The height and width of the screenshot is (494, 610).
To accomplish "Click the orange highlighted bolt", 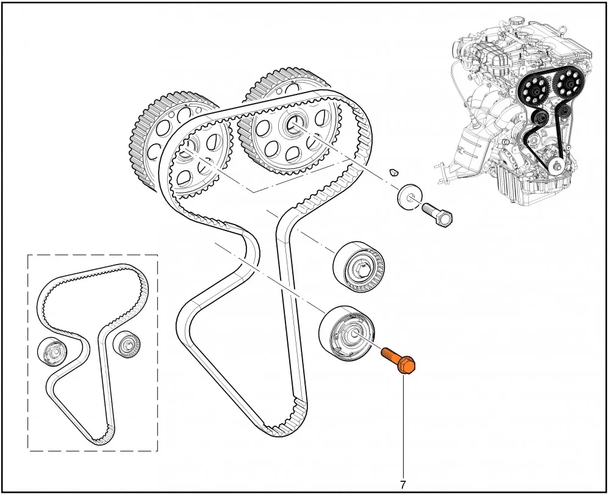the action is [x=399, y=360].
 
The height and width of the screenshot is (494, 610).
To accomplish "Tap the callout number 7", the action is [x=403, y=485].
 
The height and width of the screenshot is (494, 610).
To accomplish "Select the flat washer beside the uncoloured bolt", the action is [x=410, y=196].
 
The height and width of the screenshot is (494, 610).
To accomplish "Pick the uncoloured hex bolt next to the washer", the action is [x=437, y=215].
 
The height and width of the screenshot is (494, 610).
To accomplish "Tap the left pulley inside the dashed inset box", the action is [x=52, y=352].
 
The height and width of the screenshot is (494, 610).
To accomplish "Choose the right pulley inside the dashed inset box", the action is [x=127, y=345].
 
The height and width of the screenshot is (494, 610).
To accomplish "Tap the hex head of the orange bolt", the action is [x=407, y=366].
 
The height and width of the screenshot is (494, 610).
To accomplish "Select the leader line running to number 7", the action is [x=403, y=426].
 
